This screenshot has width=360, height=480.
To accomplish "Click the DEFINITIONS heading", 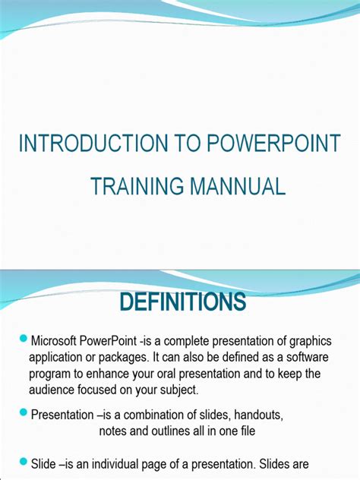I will (182, 302).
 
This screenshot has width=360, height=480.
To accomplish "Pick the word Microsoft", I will (56, 340).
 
